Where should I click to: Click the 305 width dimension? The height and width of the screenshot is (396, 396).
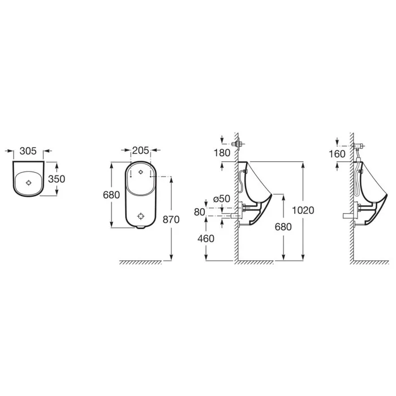[28, 151]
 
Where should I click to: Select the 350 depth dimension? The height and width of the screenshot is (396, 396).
[57, 179]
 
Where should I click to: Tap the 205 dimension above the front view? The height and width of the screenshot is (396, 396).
[141, 150]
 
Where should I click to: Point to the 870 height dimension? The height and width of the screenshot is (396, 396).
[171, 219]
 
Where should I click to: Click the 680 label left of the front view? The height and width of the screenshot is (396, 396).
[111, 195]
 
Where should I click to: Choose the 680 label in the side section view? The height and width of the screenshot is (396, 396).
[283, 227]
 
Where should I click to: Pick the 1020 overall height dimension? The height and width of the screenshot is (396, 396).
[303, 210]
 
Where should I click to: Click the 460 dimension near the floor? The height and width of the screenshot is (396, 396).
[206, 239]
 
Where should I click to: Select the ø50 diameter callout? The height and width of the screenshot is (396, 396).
[222, 199]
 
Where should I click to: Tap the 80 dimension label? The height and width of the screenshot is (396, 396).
[200, 212]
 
